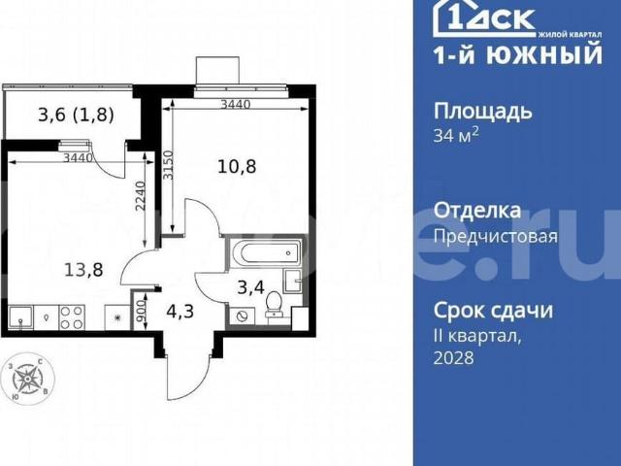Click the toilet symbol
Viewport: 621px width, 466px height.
274,305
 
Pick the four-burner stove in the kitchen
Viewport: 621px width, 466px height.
72,316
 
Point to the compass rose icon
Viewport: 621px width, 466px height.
29,377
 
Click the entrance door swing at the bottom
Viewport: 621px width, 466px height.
187,369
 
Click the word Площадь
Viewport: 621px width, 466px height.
482,111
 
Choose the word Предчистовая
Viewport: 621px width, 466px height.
495,235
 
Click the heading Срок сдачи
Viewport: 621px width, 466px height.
493,311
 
